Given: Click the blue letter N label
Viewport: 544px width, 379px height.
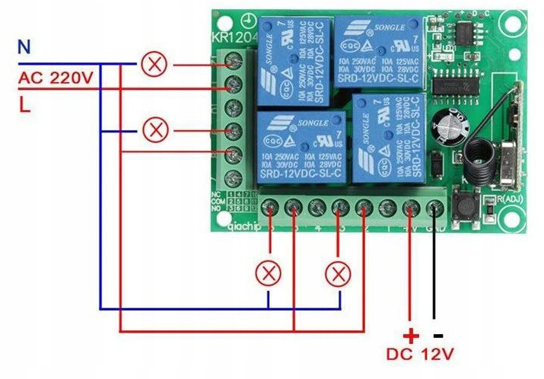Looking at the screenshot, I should pos(24,47).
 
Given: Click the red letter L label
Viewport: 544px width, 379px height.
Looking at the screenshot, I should pos(25,107).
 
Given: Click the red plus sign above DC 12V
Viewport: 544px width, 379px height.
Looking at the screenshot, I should pos(410,334).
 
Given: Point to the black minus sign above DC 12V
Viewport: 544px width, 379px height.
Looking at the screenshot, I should pos(437,334).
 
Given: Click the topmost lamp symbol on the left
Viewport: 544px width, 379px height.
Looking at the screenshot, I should pos(155,65).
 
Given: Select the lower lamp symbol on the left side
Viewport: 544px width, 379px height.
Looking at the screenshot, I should pos(155,130).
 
